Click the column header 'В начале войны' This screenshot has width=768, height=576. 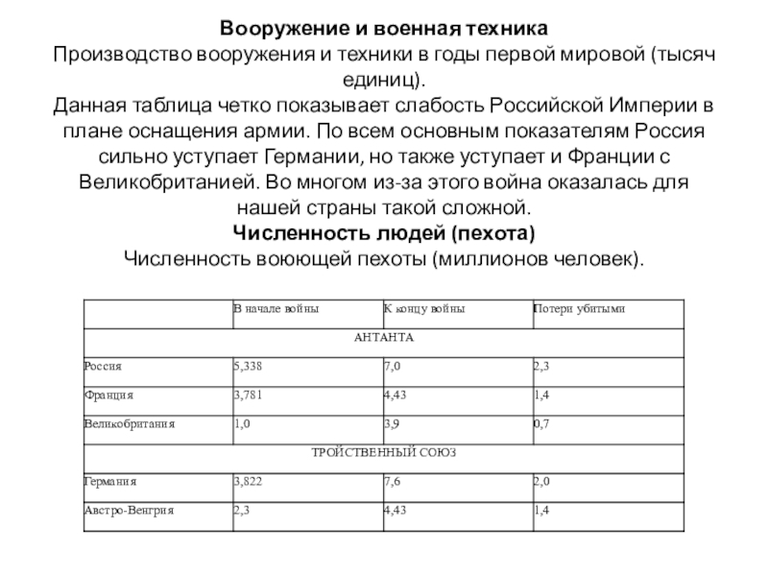[276, 309]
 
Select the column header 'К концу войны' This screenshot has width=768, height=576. [425, 309]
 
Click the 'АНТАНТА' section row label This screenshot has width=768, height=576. [383, 338]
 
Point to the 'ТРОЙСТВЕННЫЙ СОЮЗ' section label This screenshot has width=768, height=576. [383, 451]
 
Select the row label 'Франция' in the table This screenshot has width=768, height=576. [108, 395]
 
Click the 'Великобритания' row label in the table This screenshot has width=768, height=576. [129, 422]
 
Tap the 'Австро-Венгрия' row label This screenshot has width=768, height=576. [128, 509]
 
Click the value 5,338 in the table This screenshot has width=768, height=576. [247, 367]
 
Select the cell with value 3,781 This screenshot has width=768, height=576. [247, 395]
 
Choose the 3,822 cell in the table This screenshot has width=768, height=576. [247, 480]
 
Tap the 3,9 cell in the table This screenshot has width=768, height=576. [392, 422]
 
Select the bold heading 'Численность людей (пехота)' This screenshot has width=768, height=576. [383, 233]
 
